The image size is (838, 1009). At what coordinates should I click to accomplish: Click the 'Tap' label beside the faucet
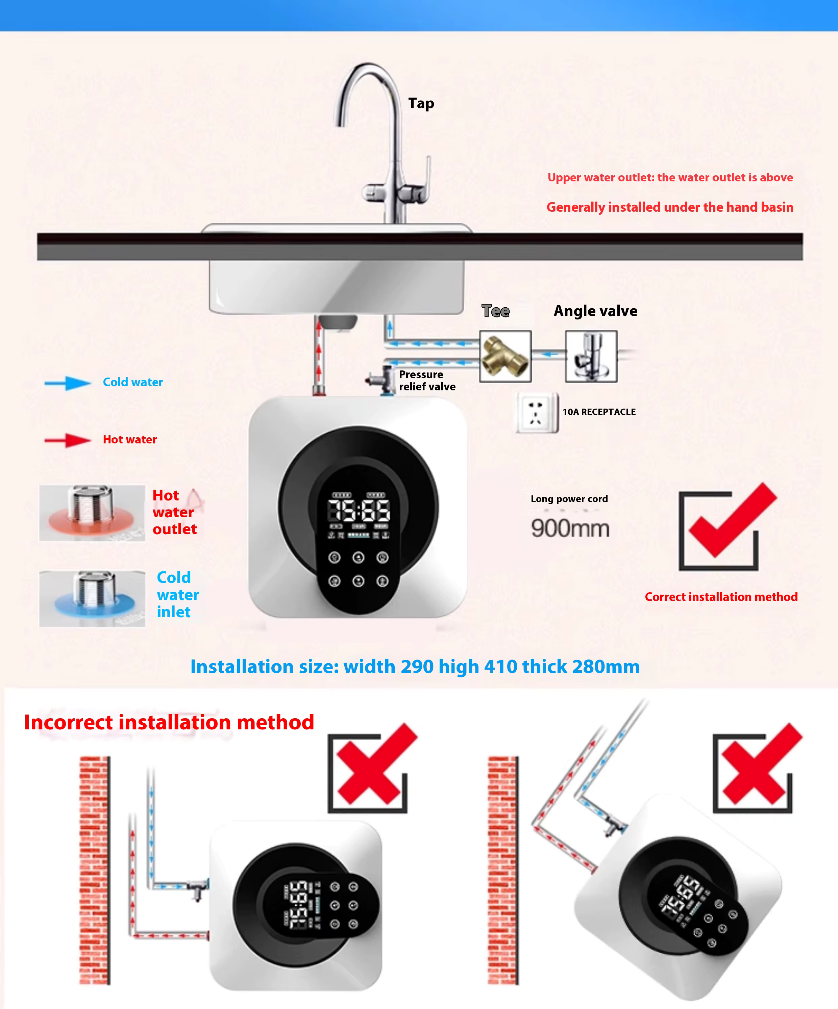click(x=421, y=104)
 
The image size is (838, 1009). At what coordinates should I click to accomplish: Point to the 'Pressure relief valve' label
click(x=427, y=381)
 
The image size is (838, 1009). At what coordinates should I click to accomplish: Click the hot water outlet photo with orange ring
click(x=92, y=513)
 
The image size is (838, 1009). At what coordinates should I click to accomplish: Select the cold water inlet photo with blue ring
click(x=92, y=599)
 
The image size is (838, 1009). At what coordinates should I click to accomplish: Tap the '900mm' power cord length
click(x=570, y=528)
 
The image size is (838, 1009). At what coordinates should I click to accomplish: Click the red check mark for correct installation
click(x=732, y=520)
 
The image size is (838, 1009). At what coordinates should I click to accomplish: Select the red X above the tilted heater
click(x=762, y=764)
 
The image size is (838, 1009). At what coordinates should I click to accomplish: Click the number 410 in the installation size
click(x=500, y=667)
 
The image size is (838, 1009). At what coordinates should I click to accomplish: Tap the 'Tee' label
click(x=496, y=311)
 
